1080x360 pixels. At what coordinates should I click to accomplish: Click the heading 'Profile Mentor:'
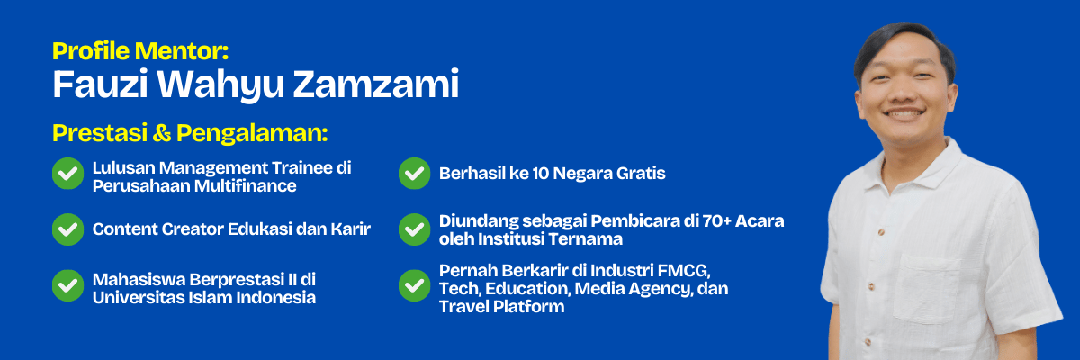(x=147, y=51)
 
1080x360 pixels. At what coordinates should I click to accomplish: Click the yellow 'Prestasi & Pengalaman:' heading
(x=190, y=133)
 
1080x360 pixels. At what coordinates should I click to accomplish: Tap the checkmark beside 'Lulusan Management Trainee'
(x=67, y=175)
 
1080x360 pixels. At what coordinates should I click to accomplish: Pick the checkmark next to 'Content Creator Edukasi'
(x=67, y=229)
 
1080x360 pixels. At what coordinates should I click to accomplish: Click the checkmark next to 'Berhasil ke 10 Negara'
(x=414, y=174)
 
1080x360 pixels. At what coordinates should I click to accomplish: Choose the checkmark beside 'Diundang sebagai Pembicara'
(x=414, y=229)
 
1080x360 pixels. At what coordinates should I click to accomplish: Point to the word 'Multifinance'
(x=247, y=185)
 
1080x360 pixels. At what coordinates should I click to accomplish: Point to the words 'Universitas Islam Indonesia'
(x=203, y=297)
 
